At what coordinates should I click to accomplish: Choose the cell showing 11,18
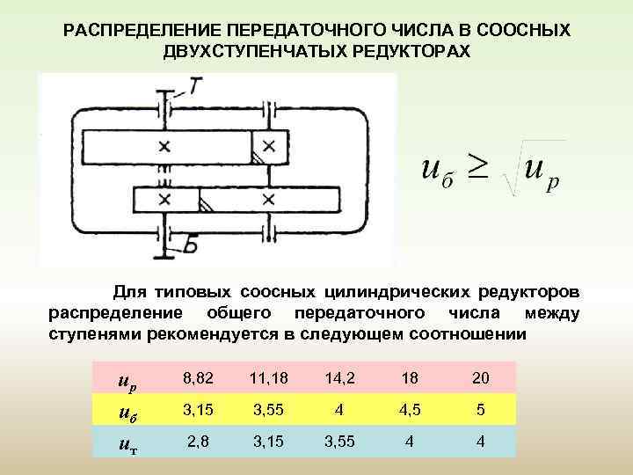pyautogui.click(x=266, y=378)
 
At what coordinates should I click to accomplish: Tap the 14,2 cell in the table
pyautogui.click(x=339, y=378)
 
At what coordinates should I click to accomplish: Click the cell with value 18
pyautogui.click(x=410, y=378)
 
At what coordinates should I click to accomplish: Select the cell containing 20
pyautogui.click(x=480, y=378)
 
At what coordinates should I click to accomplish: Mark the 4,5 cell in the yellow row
pyautogui.click(x=410, y=410)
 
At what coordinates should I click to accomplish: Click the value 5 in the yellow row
pyautogui.click(x=480, y=410)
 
